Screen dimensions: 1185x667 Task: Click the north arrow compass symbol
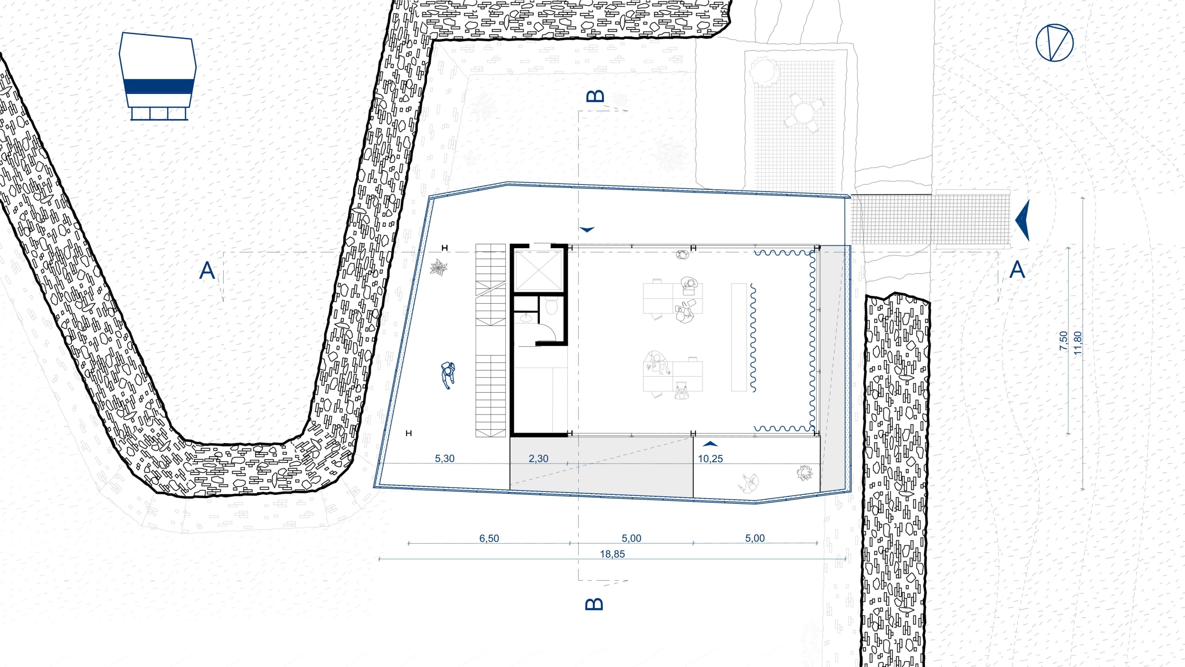pyautogui.click(x=1054, y=43)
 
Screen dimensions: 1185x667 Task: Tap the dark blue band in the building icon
pyautogui.click(x=159, y=86)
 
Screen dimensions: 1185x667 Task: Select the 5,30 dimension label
pyautogui.click(x=445, y=459)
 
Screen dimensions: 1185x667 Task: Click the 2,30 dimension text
pyautogui.click(x=538, y=459)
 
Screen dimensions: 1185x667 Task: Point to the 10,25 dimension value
pyautogui.click(x=711, y=459)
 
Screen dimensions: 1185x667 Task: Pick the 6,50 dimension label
pyautogui.click(x=489, y=538)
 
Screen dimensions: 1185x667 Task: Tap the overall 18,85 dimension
pyautogui.click(x=612, y=554)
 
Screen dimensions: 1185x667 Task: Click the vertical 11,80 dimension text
pyautogui.click(x=1078, y=343)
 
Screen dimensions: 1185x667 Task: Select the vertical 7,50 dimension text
pyautogui.click(x=1064, y=341)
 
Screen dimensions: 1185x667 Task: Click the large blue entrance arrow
pyautogui.click(x=1024, y=221)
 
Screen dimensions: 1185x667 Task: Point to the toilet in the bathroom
pyautogui.click(x=551, y=306)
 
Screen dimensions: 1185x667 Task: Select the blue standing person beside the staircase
pyautogui.click(x=447, y=375)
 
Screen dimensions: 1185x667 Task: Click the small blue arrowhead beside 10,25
pyautogui.click(x=710, y=444)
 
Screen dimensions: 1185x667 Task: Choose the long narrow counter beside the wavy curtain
pyautogui.click(x=739, y=337)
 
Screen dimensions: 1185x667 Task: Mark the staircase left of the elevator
pyautogui.click(x=491, y=340)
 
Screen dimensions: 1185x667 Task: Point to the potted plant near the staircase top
pyautogui.click(x=438, y=268)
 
